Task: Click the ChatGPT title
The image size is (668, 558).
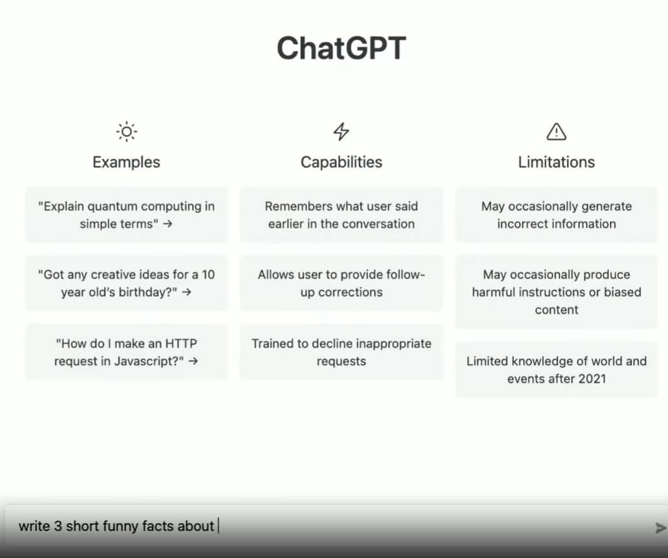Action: (x=341, y=49)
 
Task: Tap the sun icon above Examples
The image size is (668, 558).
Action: (x=127, y=132)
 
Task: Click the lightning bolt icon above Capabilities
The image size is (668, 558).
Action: (x=341, y=132)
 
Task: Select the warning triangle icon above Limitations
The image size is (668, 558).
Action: (x=556, y=132)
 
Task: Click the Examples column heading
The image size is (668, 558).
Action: (x=127, y=162)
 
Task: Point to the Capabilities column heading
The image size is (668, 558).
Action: (x=341, y=162)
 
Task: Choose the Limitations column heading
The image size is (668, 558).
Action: (x=556, y=162)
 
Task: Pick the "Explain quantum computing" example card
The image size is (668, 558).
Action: (x=127, y=215)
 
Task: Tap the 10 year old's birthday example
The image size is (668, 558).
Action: (x=127, y=283)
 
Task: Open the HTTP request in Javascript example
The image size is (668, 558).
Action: (x=127, y=352)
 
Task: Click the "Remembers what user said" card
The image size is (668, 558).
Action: (x=341, y=215)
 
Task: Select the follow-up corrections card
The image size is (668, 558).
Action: (x=341, y=283)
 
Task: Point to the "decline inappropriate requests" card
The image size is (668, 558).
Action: (x=341, y=352)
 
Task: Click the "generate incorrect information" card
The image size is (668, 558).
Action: (x=556, y=215)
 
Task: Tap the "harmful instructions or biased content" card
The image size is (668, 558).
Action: (x=556, y=292)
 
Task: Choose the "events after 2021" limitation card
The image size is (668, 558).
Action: (x=556, y=370)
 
